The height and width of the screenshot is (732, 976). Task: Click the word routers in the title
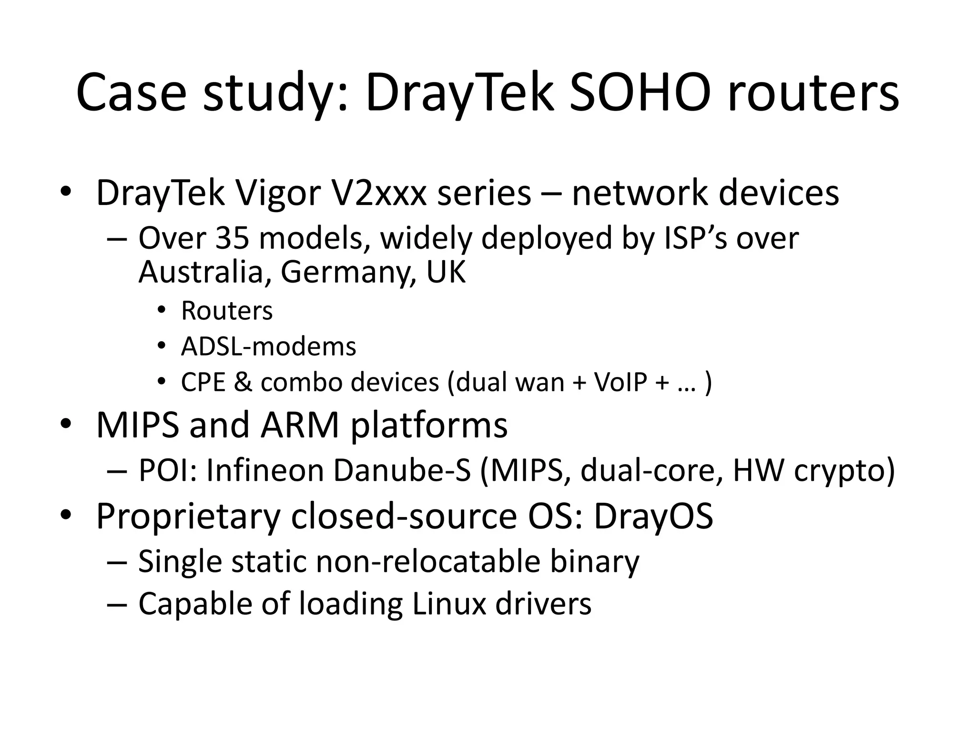(x=813, y=93)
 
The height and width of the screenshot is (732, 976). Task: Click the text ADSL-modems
(x=268, y=346)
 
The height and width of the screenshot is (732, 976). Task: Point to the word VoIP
(x=620, y=382)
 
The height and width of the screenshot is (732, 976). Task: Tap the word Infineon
(x=265, y=470)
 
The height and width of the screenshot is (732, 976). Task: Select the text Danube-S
(x=402, y=470)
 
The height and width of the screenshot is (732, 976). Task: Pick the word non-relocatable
(x=428, y=561)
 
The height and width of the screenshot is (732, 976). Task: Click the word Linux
(x=448, y=603)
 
